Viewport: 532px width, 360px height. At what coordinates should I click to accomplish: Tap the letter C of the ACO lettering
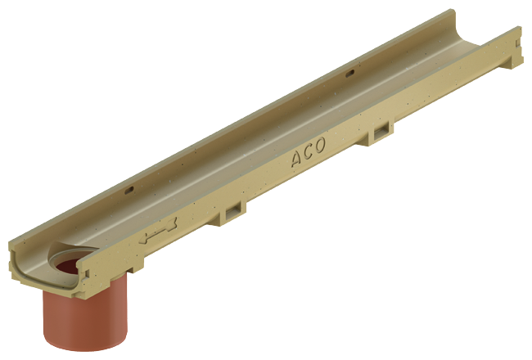click(308, 151)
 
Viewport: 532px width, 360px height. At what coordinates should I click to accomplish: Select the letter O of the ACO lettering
click(319, 145)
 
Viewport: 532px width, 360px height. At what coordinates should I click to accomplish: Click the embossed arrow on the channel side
click(158, 231)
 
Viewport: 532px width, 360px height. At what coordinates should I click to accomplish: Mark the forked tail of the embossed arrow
click(174, 223)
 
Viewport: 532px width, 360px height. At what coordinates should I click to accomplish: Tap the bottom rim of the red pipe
click(85, 348)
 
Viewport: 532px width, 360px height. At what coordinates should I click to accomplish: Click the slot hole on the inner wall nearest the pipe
click(130, 191)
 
